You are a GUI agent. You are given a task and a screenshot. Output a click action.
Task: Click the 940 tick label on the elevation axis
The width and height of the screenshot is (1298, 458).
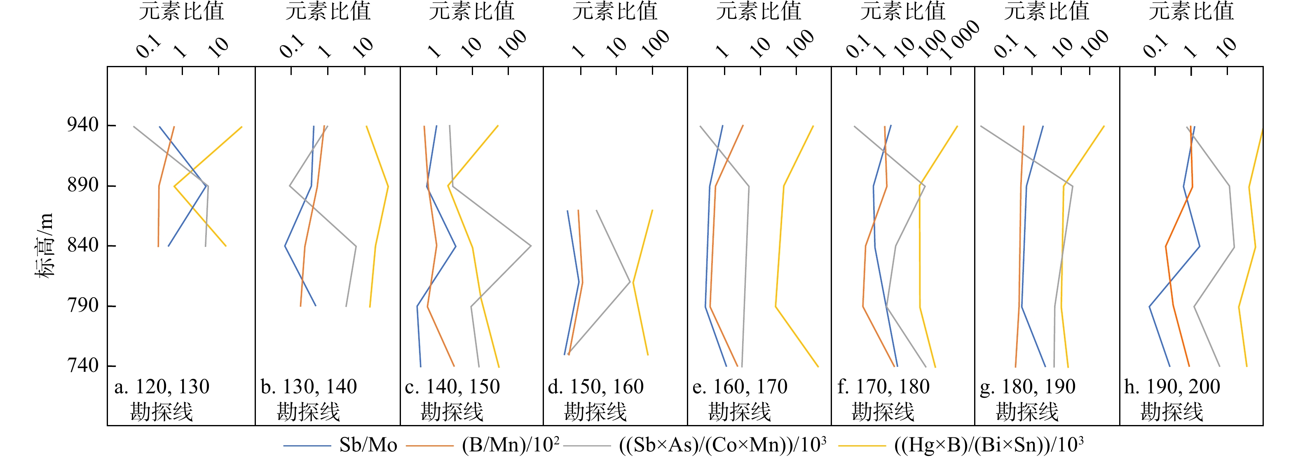tap(83, 125)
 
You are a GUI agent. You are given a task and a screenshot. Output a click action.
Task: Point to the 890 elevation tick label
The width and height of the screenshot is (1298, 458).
tap(83, 186)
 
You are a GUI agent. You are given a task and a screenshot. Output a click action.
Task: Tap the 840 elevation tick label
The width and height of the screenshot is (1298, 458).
tap(83, 245)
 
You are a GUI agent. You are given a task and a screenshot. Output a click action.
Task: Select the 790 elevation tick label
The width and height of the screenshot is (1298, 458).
tap(83, 305)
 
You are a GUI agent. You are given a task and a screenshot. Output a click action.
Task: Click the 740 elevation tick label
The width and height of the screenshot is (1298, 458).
tap(83, 365)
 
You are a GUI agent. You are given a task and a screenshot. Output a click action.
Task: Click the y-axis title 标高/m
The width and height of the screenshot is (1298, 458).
tap(45, 245)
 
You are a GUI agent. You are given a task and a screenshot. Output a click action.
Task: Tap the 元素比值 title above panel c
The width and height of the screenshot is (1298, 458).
tap(472, 11)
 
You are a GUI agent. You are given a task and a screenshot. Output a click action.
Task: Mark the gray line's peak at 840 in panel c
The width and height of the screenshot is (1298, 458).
tap(531, 246)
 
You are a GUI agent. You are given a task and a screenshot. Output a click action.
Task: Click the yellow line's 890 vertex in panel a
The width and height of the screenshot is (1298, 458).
tap(174, 186)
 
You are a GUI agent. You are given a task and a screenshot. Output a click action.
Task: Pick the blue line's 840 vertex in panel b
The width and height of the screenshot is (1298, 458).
tap(285, 246)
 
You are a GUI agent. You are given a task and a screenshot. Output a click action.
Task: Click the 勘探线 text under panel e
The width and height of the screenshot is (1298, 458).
tap(739, 412)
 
